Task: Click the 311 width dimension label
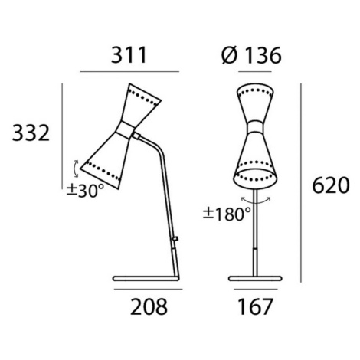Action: click(x=129, y=55)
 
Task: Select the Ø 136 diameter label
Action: click(x=251, y=55)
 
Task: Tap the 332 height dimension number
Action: click(x=31, y=133)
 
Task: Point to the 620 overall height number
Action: click(x=331, y=185)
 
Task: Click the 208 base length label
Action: click(x=149, y=306)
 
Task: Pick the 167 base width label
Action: click(x=255, y=306)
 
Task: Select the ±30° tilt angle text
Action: click(x=85, y=191)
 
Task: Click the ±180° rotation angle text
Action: click(x=227, y=214)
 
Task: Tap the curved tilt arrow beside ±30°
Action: click(x=76, y=169)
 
